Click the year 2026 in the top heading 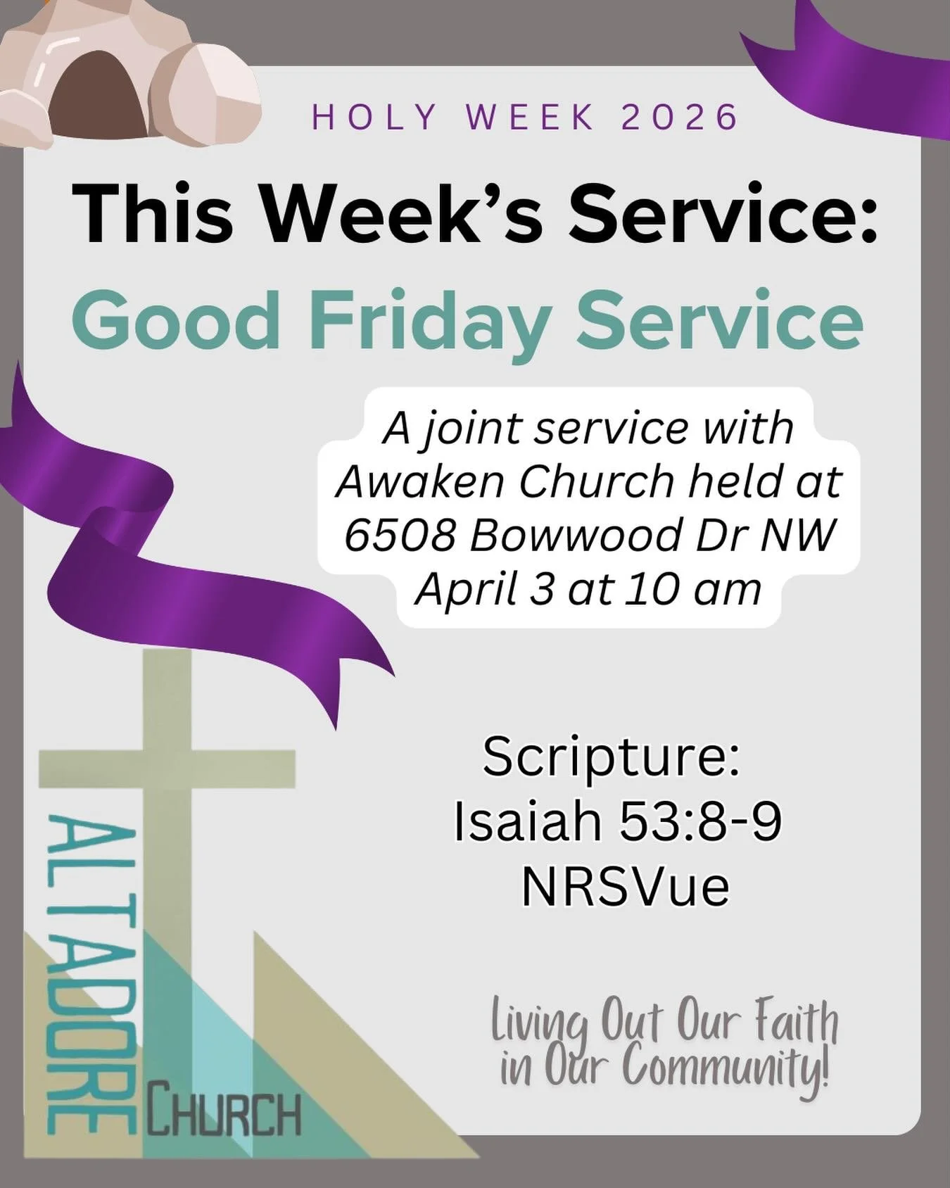[680, 118]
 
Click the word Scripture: [611, 757]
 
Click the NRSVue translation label [625, 887]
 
